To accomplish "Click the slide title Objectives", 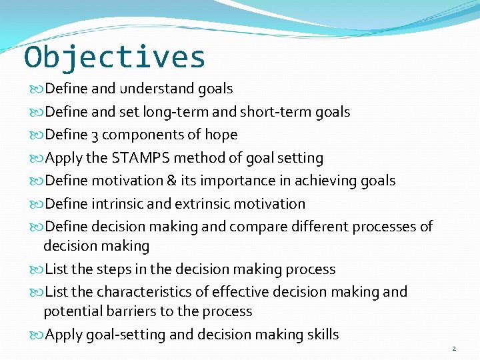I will (115, 57).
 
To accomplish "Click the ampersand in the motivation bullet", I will (172, 181).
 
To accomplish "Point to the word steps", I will (110, 269).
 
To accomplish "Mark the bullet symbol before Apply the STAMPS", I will (37, 159).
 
